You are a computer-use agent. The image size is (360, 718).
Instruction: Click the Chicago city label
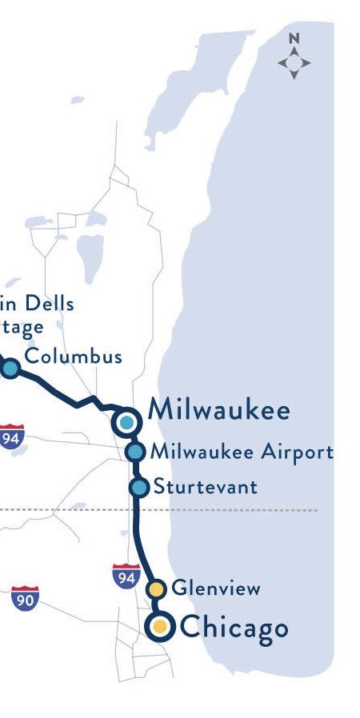point(234,628)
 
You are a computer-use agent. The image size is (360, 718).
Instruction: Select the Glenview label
point(216,589)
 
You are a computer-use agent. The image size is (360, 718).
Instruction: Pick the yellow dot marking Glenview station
point(158,590)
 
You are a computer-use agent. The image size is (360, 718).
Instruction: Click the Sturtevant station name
point(206,486)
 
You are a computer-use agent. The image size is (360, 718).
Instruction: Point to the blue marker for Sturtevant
point(139,487)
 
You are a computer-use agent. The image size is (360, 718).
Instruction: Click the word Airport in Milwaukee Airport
point(297,452)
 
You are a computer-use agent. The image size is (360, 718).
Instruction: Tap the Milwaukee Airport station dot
point(135,452)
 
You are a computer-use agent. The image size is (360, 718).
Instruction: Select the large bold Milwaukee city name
point(218,411)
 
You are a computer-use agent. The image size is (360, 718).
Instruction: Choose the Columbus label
point(74,356)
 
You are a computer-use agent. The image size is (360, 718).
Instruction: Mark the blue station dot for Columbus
point(10,368)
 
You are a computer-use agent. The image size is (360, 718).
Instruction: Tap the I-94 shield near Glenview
point(126,575)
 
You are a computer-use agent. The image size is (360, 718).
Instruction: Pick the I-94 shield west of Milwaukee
point(12,436)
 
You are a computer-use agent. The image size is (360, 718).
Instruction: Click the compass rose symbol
point(294,63)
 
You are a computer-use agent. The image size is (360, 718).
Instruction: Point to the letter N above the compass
point(294,38)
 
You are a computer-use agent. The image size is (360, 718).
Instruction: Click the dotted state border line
point(240,509)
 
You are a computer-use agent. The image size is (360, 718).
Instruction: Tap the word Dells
point(48,304)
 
